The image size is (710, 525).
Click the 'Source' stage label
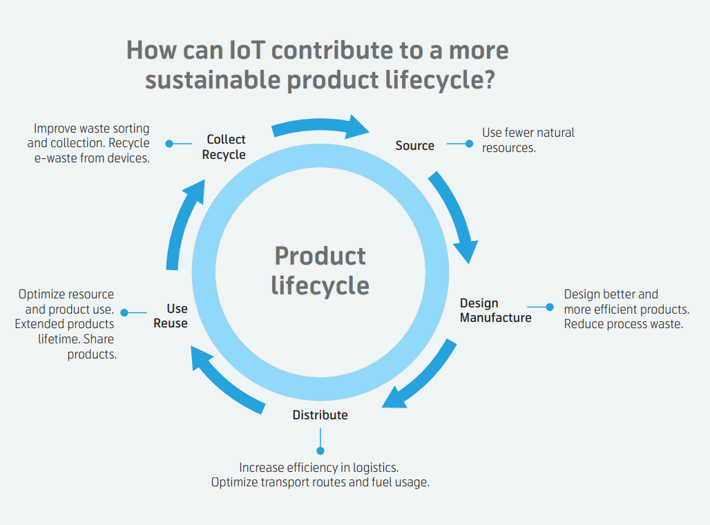[415, 145]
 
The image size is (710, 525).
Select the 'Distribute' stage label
[320, 415]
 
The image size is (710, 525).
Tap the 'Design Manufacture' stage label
[495, 310]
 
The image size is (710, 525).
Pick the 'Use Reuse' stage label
[171, 316]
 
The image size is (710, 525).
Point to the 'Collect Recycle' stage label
[224, 146]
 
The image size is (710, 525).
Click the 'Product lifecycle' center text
[320, 270]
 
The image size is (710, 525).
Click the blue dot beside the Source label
[469, 144]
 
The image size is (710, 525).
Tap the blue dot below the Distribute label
[320, 450]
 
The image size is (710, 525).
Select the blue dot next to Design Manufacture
[550, 307]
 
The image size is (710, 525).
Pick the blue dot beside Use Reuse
[124, 312]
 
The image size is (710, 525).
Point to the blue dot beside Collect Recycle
[169, 144]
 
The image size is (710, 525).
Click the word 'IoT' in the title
[247, 50]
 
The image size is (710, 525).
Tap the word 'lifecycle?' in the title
[440, 79]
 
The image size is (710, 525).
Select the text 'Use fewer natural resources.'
[528, 140]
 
